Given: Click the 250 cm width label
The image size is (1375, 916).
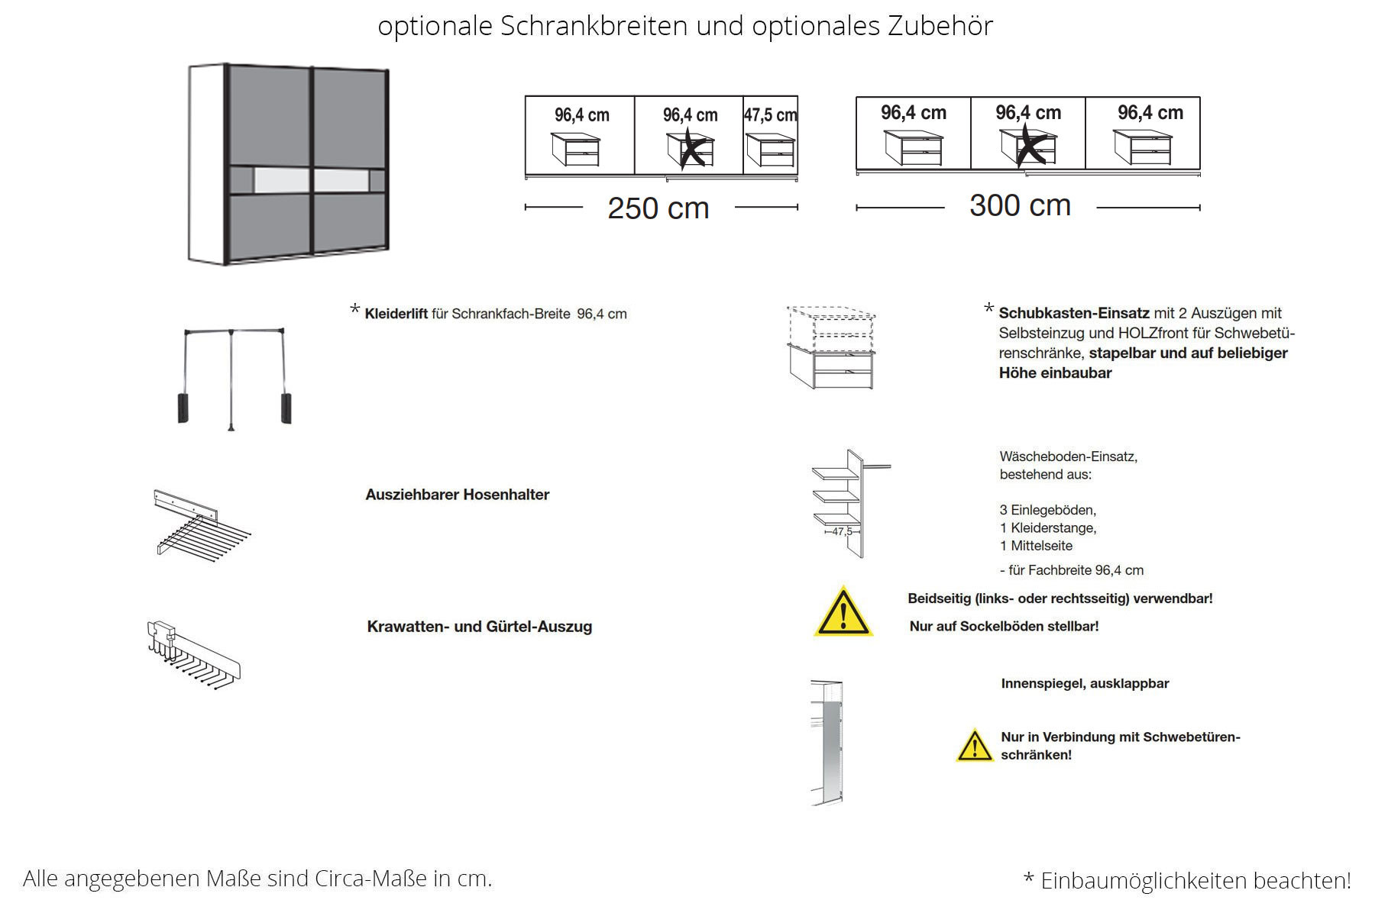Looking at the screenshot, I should pyautogui.click(x=658, y=208).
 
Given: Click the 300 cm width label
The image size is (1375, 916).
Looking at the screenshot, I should pyautogui.click(x=1020, y=205).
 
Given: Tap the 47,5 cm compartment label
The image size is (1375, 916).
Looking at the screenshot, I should pyautogui.click(x=770, y=115).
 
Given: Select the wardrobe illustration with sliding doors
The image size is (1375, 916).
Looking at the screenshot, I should pyautogui.click(x=289, y=164).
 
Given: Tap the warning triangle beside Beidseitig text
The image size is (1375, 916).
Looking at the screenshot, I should pyautogui.click(x=843, y=612).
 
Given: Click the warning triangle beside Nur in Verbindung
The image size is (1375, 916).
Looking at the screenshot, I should pyautogui.click(x=974, y=747).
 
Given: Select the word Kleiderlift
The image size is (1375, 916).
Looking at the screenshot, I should pyautogui.click(x=396, y=314).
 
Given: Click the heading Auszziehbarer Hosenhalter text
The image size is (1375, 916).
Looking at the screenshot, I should pyautogui.click(x=457, y=495).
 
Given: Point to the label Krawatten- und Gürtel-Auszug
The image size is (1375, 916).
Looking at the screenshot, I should pyautogui.click(x=479, y=627).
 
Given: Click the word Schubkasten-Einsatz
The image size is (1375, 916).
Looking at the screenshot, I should pyautogui.click(x=1073, y=313).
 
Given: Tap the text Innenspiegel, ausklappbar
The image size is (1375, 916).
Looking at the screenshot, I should pyautogui.click(x=1085, y=684).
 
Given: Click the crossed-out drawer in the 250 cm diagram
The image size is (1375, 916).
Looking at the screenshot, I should pyautogui.click(x=691, y=150).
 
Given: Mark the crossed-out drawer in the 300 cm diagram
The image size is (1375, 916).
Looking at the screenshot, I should pyautogui.click(x=1028, y=147).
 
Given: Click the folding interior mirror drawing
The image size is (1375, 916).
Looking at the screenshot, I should pyautogui.click(x=827, y=742).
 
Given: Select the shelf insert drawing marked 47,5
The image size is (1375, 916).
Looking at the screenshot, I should pyautogui.click(x=846, y=503).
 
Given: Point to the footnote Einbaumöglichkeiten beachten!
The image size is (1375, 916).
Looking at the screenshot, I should pyautogui.click(x=1195, y=881).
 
